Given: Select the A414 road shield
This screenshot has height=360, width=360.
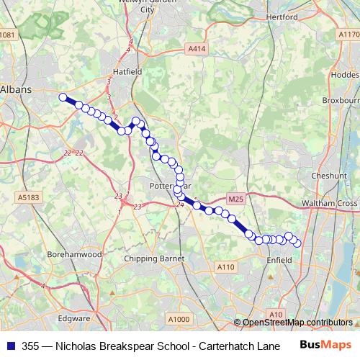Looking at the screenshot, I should click(x=196, y=48).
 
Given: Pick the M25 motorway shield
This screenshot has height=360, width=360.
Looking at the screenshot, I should click(x=235, y=199).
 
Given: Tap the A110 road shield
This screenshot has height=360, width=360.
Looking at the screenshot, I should click(x=226, y=267).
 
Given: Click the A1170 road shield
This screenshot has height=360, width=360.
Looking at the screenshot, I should click(x=346, y=35).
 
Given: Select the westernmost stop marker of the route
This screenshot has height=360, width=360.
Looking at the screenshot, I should click(x=63, y=97).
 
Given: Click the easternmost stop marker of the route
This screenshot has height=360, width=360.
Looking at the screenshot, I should click(x=297, y=243).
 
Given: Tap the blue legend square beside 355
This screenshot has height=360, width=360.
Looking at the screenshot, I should click(x=9, y=345).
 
